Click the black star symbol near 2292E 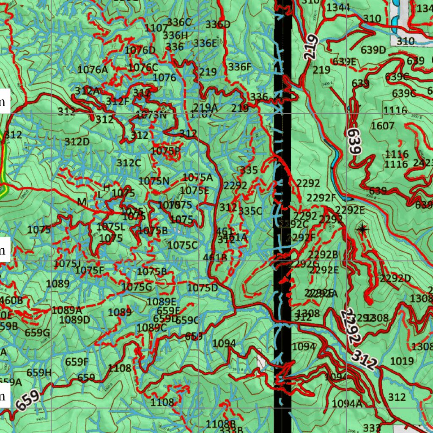[x=362, y=229]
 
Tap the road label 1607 [x=382, y=126]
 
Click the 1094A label [x=347, y=403]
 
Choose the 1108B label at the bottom [x=220, y=424]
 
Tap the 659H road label [x=39, y=373]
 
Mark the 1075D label [x=203, y=288]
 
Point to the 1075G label [x=136, y=287]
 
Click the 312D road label [x=77, y=142]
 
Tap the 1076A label [x=93, y=69]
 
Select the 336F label [x=240, y=67]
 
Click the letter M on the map [x=82, y=202]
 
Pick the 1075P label [x=165, y=150]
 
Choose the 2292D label [x=395, y=278]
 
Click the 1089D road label [x=74, y=320]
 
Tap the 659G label [x=37, y=333]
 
